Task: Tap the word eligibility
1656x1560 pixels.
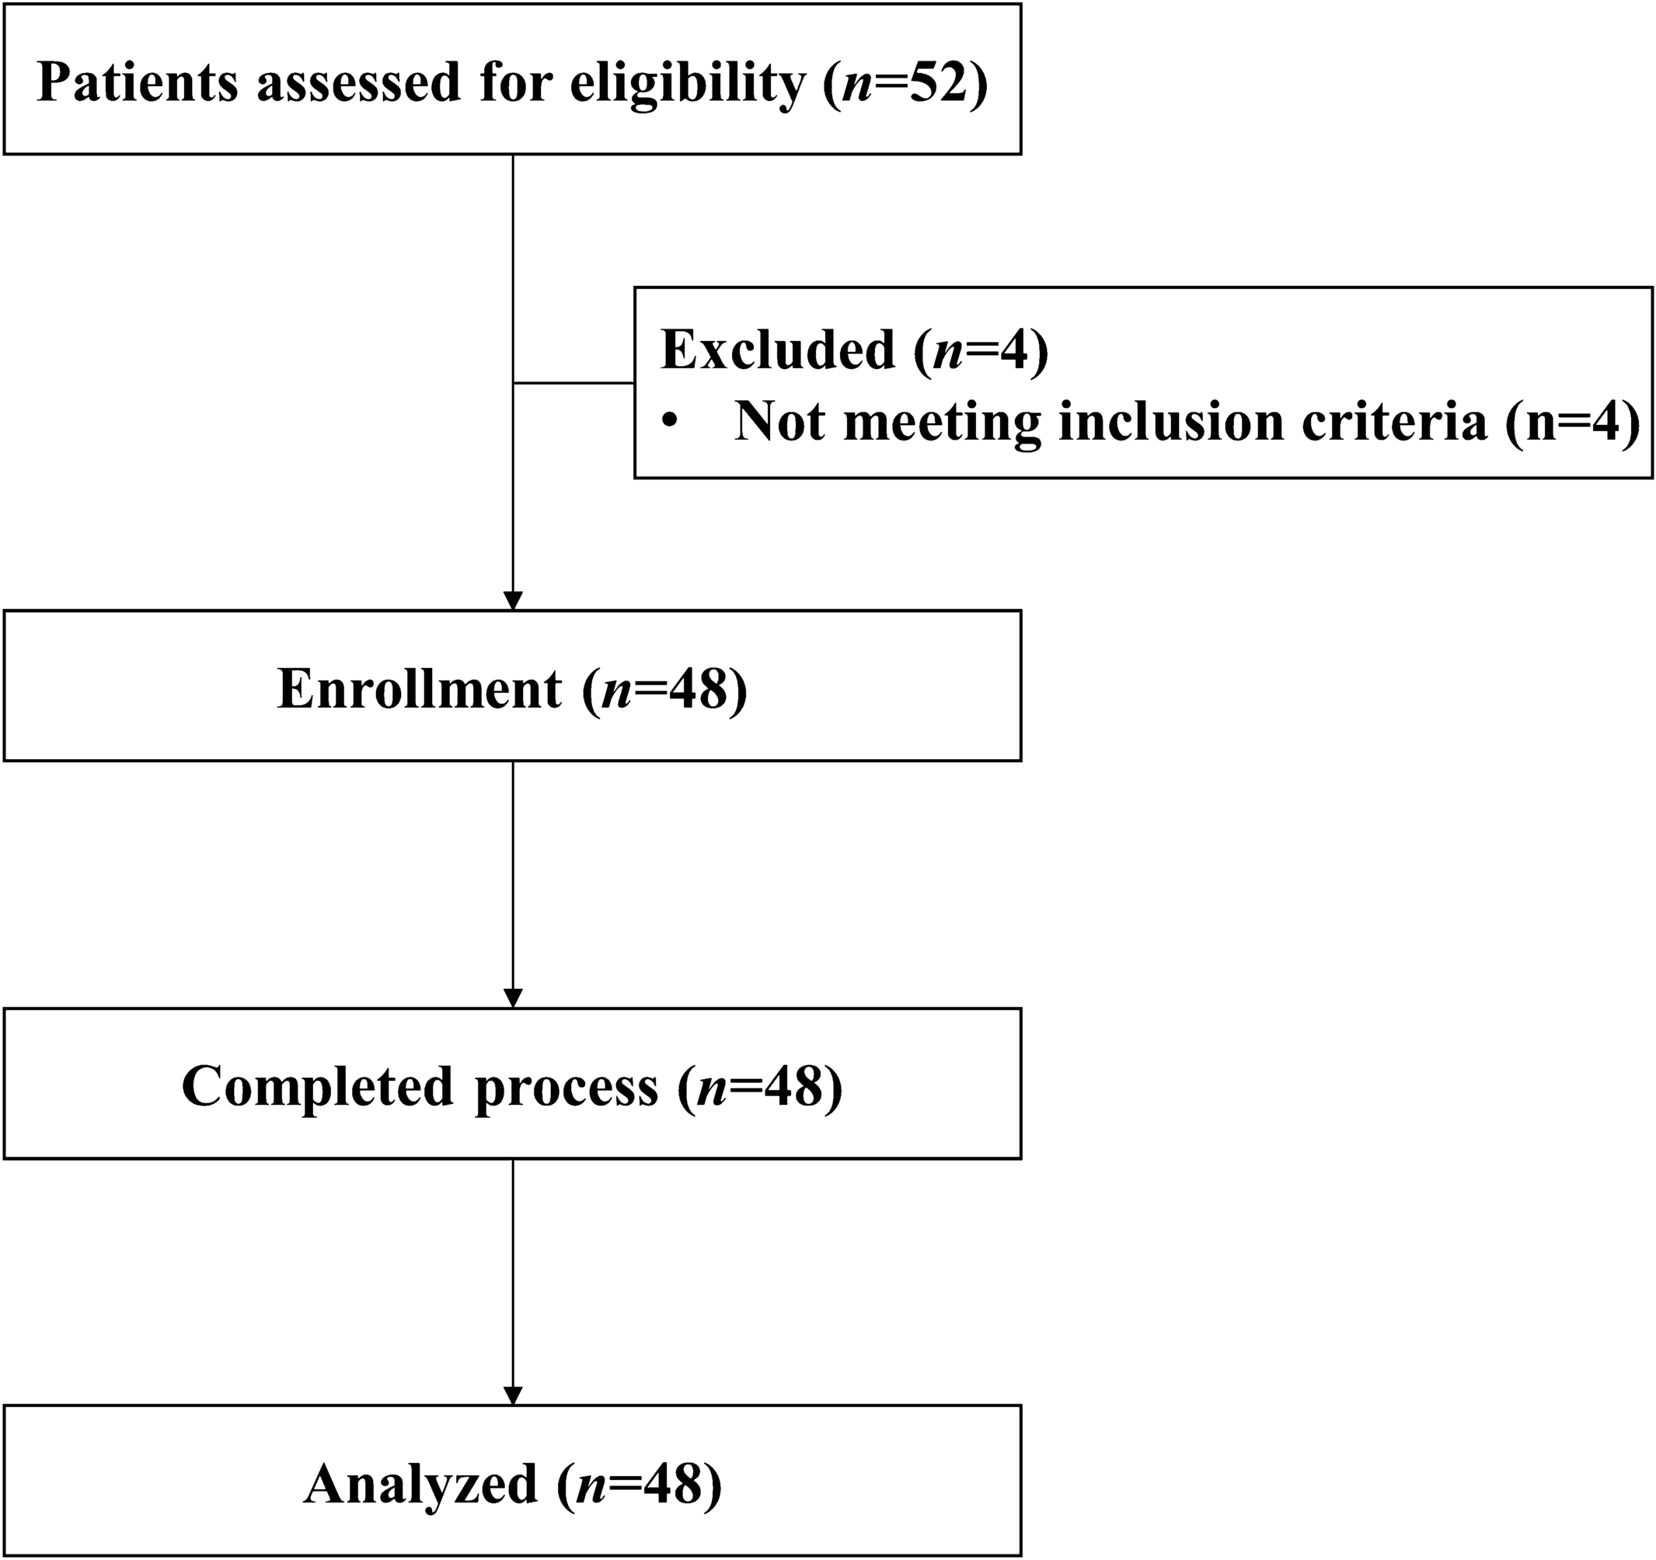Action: point(688,82)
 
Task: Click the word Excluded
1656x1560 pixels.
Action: point(777,350)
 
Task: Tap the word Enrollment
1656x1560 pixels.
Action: point(419,690)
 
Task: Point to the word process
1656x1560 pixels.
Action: point(567,1087)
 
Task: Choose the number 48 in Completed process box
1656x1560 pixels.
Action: point(793,1087)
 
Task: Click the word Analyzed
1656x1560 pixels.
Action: point(420,1484)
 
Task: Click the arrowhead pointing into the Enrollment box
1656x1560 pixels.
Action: point(513,601)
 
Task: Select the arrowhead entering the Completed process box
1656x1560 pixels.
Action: point(513,998)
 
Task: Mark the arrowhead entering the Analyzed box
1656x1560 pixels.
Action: point(513,1395)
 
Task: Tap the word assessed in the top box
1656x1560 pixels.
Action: point(358,82)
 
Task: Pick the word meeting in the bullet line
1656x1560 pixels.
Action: point(942,421)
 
